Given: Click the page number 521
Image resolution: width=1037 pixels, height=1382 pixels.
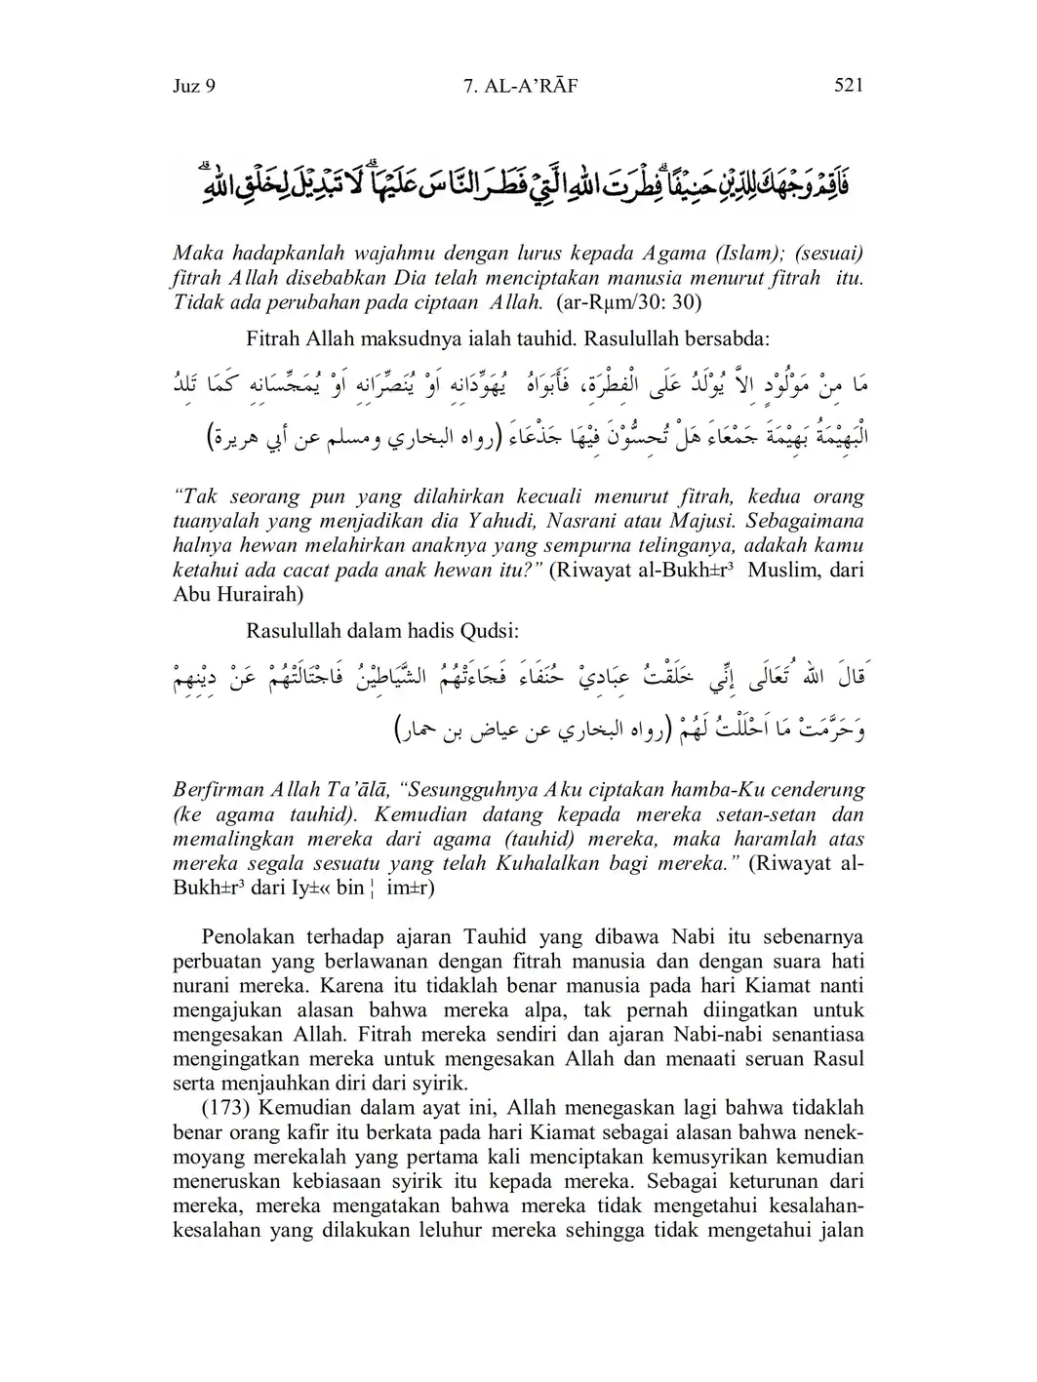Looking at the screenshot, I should [x=849, y=86].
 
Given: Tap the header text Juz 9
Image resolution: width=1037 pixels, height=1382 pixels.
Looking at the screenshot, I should [x=193, y=86].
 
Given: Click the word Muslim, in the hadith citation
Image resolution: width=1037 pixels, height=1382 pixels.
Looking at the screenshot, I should [x=783, y=571].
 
